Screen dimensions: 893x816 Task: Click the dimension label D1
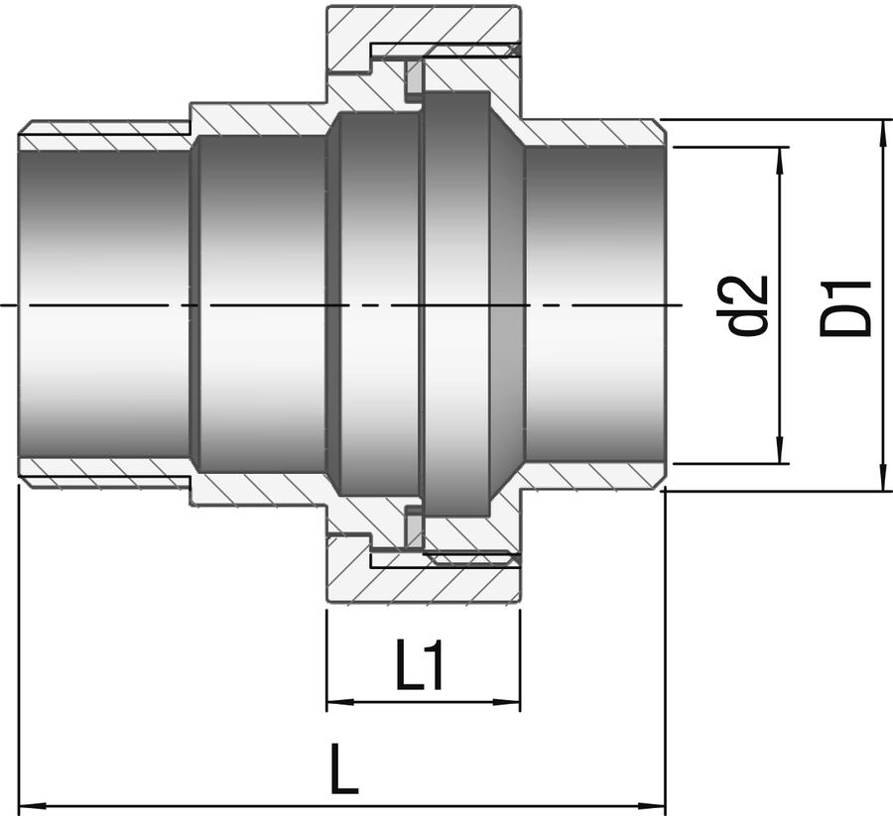coord(845,307)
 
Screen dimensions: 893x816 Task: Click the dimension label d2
coord(748,305)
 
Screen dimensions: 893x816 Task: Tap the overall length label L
coord(344,770)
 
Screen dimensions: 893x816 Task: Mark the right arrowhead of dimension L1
coord(506,702)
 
